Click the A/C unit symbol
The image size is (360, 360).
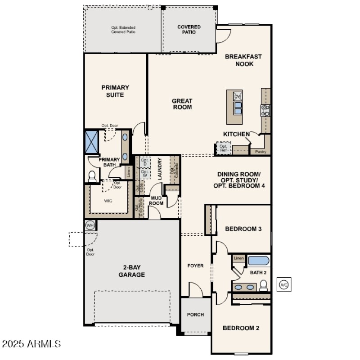coord(283,285)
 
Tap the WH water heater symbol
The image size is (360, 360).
coord(90,225)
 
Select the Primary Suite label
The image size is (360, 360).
coord(115,91)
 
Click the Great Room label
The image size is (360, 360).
coord(182,104)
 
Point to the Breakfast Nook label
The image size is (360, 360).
coord(243,60)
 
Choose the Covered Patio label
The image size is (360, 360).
coord(189,30)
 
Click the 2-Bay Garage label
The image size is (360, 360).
coord(131,271)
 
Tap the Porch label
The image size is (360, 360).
coord(195,315)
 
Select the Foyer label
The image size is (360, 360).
coord(195,266)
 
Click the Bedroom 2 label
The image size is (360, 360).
coord(241,328)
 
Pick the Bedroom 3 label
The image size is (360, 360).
coord(243,229)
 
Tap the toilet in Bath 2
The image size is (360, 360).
coord(264,285)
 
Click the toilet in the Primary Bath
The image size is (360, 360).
coord(92,176)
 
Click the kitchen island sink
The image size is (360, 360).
coord(237,108)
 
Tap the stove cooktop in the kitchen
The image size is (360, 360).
coord(266,110)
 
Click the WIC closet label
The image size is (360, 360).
coord(108,201)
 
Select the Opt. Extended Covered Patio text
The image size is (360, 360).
coord(123,30)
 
